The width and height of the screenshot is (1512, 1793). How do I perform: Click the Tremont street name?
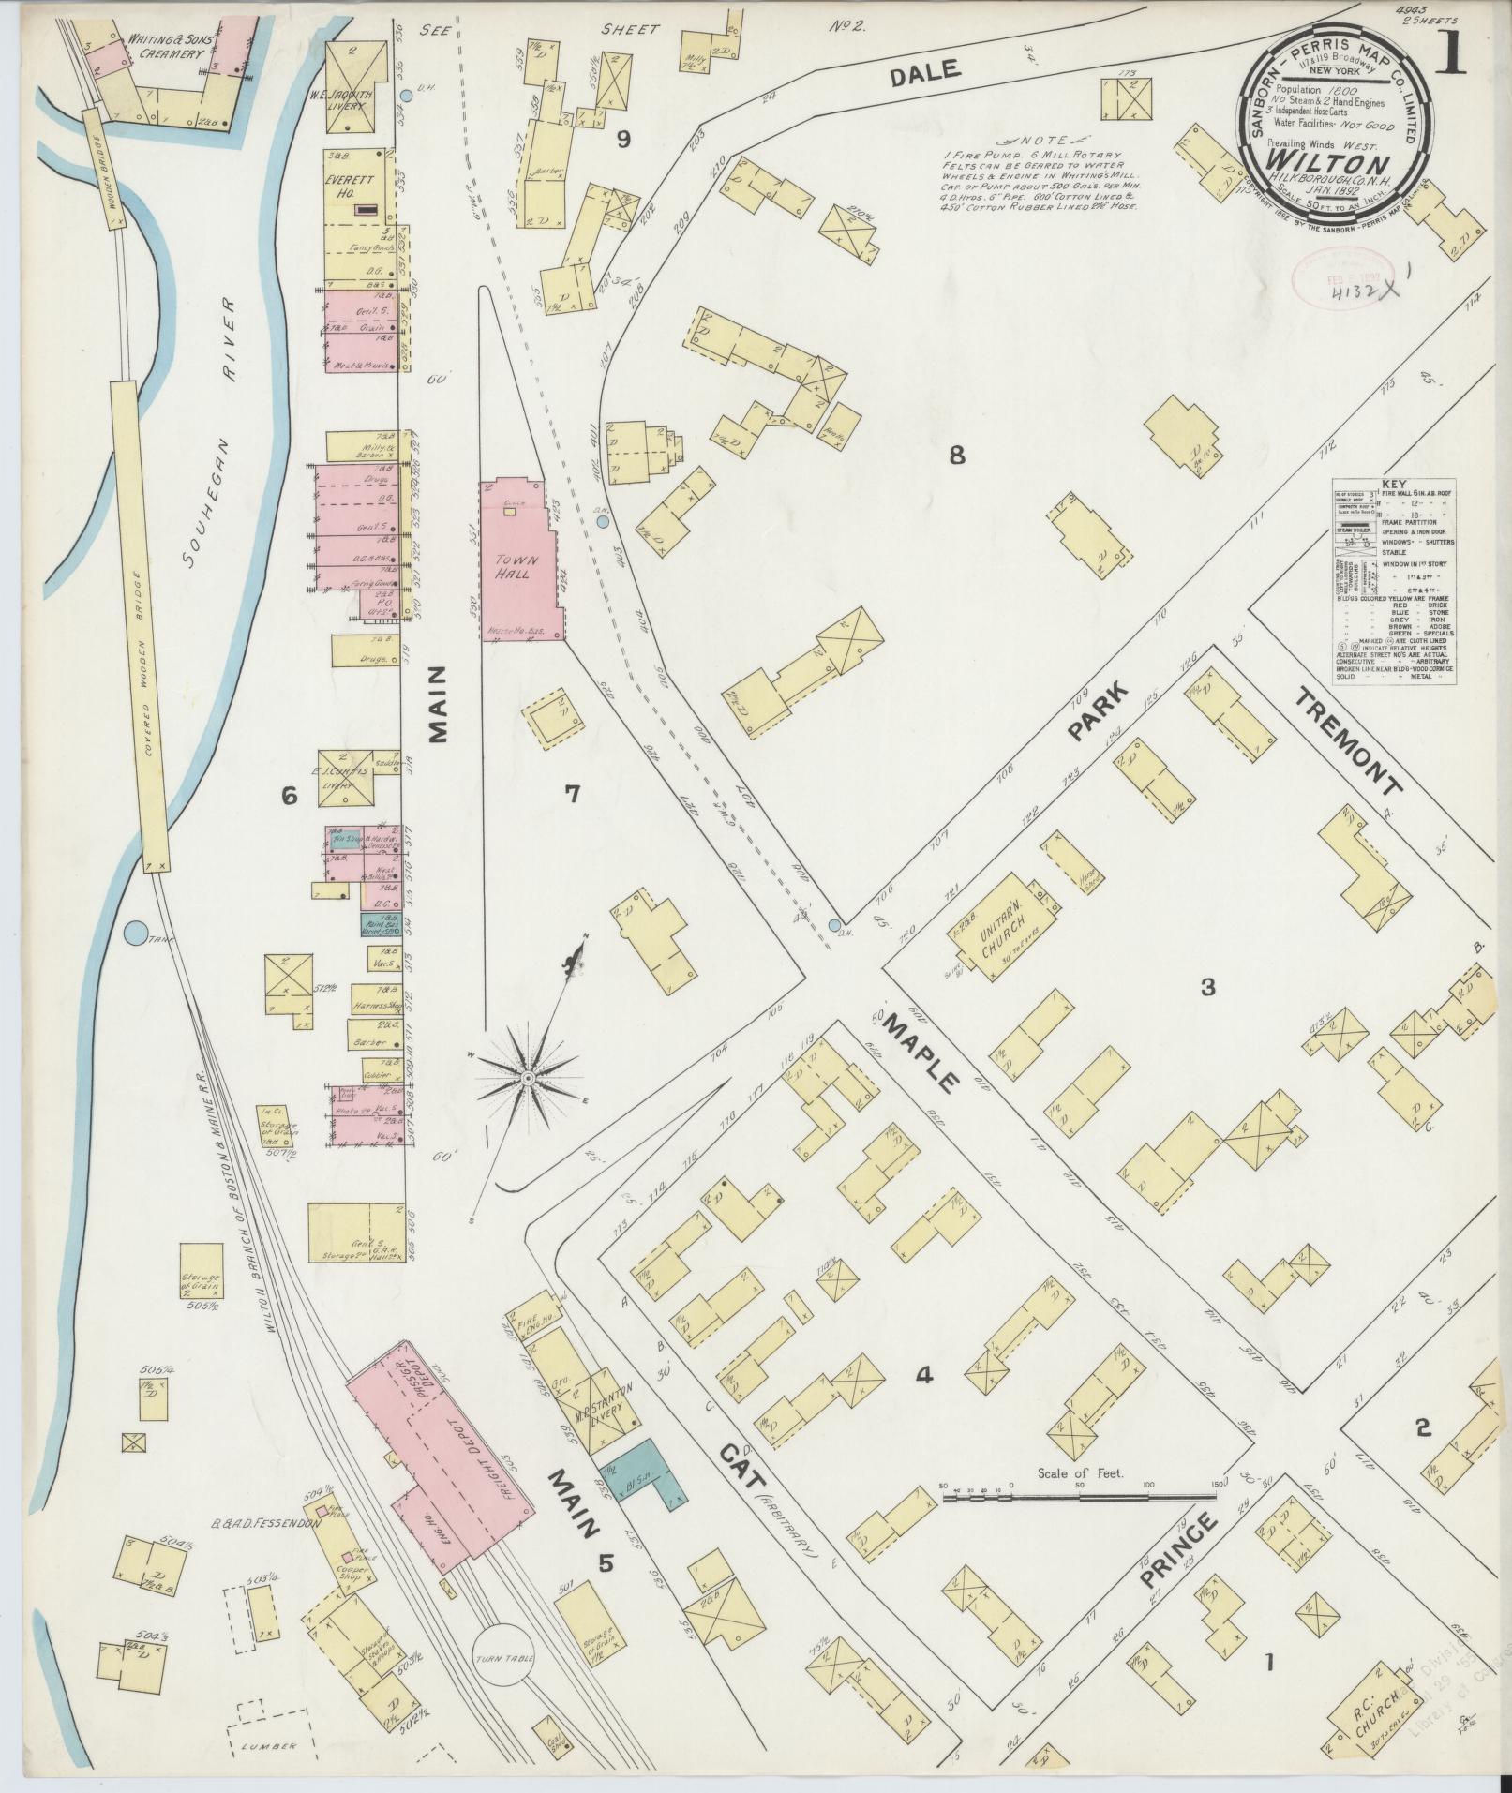(x=1350, y=740)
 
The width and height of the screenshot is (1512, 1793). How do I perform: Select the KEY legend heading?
(x=1394, y=484)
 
